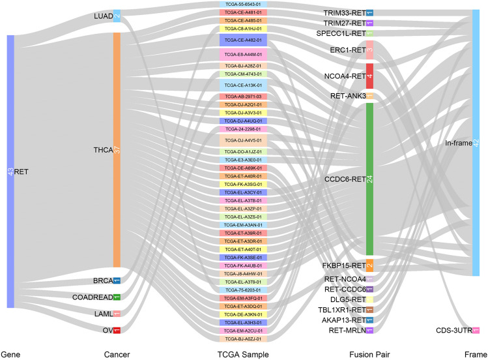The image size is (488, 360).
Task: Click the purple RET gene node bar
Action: click(10, 171)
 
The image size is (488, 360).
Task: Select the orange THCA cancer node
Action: click(117, 150)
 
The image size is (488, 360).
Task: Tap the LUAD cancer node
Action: click(117, 16)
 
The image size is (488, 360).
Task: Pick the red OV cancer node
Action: click(117, 330)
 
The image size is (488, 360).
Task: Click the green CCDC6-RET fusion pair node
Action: click(369, 179)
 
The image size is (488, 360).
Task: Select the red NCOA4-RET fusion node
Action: click(369, 76)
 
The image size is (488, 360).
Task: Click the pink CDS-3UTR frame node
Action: click(476, 331)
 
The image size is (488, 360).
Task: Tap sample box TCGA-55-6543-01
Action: click(242, 4)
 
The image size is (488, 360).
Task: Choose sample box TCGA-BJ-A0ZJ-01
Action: click(242, 339)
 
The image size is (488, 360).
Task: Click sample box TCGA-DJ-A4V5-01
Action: click(242, 141)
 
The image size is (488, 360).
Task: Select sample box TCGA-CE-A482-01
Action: click(242, 40)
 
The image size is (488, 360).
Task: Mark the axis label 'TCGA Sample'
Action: click(242, 353)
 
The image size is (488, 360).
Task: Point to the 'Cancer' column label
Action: click(116, 353)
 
